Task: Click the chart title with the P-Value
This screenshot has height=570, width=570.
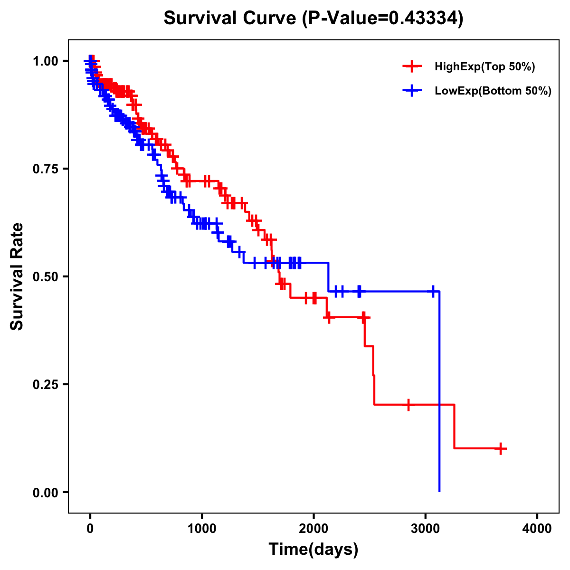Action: pyautogui.click(x=313, y=19)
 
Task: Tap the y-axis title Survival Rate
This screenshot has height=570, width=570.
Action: pyautogui.click(x=17, y=276)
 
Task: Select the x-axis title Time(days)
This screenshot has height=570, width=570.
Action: pyautogui.click(x=313, y=549)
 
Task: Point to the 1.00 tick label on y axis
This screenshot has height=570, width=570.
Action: pyautogui.click(x=45, y=61)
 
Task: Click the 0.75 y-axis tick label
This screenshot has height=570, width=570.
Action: pyautogui.click(x=45, y=169)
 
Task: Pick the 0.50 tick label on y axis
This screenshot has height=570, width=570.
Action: pyautogui.click(x=45, y=277)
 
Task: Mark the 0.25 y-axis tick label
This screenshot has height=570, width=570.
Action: pyautogui.click(x=45, y=385)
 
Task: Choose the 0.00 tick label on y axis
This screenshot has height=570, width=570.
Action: pyautogui.click(x=45, y=493)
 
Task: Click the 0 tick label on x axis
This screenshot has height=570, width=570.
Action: pyautogui.click(x=90, y=529)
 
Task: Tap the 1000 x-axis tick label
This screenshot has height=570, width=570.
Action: pyautogui.click(x=202, y=529)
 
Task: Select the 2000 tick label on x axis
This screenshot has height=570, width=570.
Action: pyautogui.click(x=313, y=529)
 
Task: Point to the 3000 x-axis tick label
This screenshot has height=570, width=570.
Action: pyautogui.click(x=426, y=529)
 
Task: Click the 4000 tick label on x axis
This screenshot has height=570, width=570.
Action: pyautogui.click(x=537, y=529)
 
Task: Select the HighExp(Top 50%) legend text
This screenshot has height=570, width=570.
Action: pyautogui.click(x=484, y=67)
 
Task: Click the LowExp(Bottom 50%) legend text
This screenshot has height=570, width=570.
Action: pyautogui.click(x=493, y=91)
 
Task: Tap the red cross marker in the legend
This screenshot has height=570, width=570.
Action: pyautogui.click(x=412, y=66)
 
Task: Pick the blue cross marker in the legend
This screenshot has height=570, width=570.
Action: pyautogui.click(x=412, y=91)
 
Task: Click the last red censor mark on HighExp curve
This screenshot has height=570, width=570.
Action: pyautogui.click(x=501, y=448)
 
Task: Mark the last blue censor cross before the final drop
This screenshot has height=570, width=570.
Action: pyautogui.click(x=433, y=291)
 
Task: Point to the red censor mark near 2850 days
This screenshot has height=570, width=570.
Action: pyautogui.click(x=408, y=405)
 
